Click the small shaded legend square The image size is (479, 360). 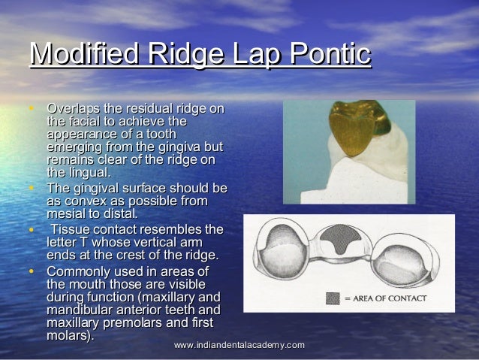point(333,298)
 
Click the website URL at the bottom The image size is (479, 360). point(239,344)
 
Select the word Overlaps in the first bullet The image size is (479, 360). point(74,110)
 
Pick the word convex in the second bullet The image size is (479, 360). point(88,201)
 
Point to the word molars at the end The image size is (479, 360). point(68,335)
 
